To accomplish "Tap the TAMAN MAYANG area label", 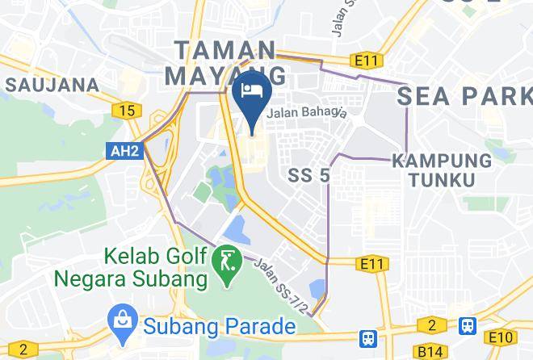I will [x=225, y=63].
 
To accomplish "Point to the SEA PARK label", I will [x=464, y=96].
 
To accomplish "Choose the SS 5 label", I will [x=309, y=175].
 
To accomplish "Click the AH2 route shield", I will [x=117, y=149].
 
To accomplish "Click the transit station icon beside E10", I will [x=467, y=325].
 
